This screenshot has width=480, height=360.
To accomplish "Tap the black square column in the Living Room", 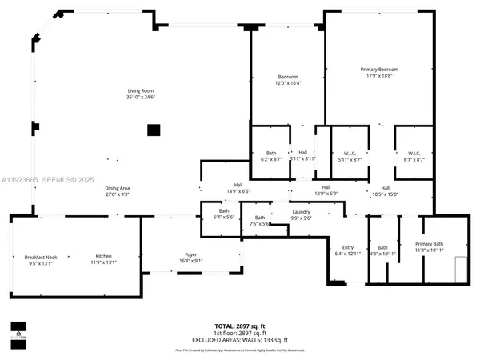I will [154, 130].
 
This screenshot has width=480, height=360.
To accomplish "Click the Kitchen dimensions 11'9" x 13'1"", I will [105, 262].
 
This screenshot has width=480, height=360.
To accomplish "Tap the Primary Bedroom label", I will [378, 70].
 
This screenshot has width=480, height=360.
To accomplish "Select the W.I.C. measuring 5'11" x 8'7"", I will [350, 156].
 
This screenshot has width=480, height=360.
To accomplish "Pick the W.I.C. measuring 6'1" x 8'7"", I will [414, 156].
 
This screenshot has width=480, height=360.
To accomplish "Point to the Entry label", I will [347, 248].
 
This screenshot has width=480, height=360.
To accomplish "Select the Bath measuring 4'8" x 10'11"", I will [382, 250].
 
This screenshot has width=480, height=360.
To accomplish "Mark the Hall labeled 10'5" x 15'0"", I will [385, 190].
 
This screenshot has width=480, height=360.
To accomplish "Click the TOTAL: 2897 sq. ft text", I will [240, 325].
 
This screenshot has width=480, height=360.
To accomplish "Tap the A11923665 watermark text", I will [22, 179].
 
